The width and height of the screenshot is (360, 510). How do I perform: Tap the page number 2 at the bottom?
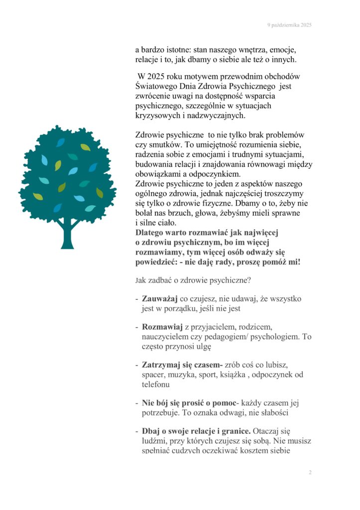point(310,473)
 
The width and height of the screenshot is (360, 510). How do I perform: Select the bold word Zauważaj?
point(160,299)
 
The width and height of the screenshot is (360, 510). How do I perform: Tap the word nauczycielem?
point(166,337)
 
